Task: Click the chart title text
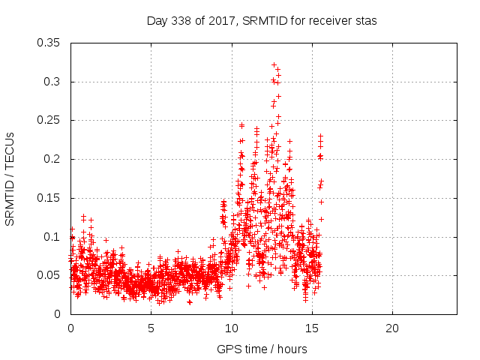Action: pos(261,21)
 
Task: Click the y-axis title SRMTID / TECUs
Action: pos(10,178)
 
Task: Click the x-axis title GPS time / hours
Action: pos(262,349)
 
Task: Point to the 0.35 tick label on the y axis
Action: pos(50,43)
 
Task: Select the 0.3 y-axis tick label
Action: pos(54,82)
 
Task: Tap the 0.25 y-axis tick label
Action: pos(50,120)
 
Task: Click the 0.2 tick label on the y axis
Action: pos(54,159)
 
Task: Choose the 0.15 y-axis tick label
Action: pos(50,198)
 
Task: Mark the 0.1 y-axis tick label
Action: pos(54,237)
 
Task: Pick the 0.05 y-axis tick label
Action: pos(50,275)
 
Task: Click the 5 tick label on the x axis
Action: pos(151,328)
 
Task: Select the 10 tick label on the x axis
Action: pos(232,328)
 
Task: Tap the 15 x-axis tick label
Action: pos(312,328)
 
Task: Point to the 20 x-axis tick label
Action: pos(392,328)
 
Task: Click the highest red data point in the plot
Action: pos(274,65)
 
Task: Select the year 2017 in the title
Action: pos(221,21)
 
